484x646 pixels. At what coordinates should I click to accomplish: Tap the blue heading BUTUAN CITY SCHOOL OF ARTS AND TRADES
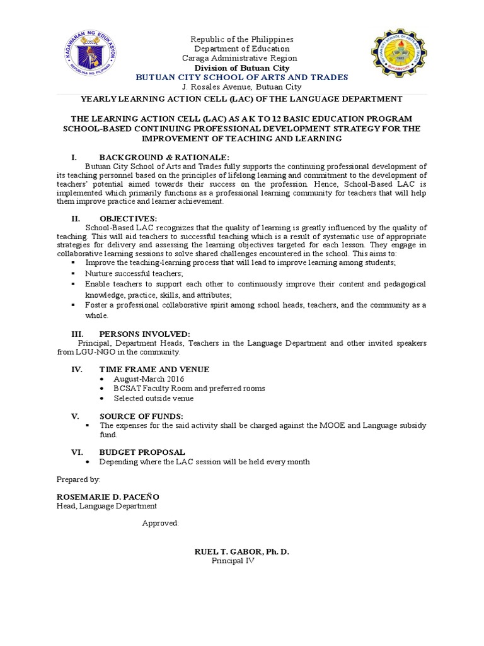coord(242,77)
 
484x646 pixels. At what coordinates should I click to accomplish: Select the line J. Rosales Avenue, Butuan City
coord(242,87)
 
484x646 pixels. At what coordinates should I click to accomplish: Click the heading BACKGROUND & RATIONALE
coord(164,157)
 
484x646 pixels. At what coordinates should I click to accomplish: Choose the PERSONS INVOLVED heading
coord(144,334)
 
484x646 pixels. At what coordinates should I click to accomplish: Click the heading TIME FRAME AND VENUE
coord(154,369)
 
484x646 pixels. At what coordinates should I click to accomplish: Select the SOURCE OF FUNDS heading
coord(141,416)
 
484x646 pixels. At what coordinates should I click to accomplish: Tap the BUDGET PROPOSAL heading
coord(142,452)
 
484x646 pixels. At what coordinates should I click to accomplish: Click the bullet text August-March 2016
coord(149,379)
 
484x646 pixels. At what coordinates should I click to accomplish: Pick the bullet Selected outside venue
coord(154,398)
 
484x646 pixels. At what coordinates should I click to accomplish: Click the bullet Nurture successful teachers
coord(134,273)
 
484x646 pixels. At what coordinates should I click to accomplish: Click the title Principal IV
coord(232,561)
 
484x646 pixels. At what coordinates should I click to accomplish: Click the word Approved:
coord(160,523)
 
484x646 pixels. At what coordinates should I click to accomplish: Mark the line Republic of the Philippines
coord(242,39)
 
